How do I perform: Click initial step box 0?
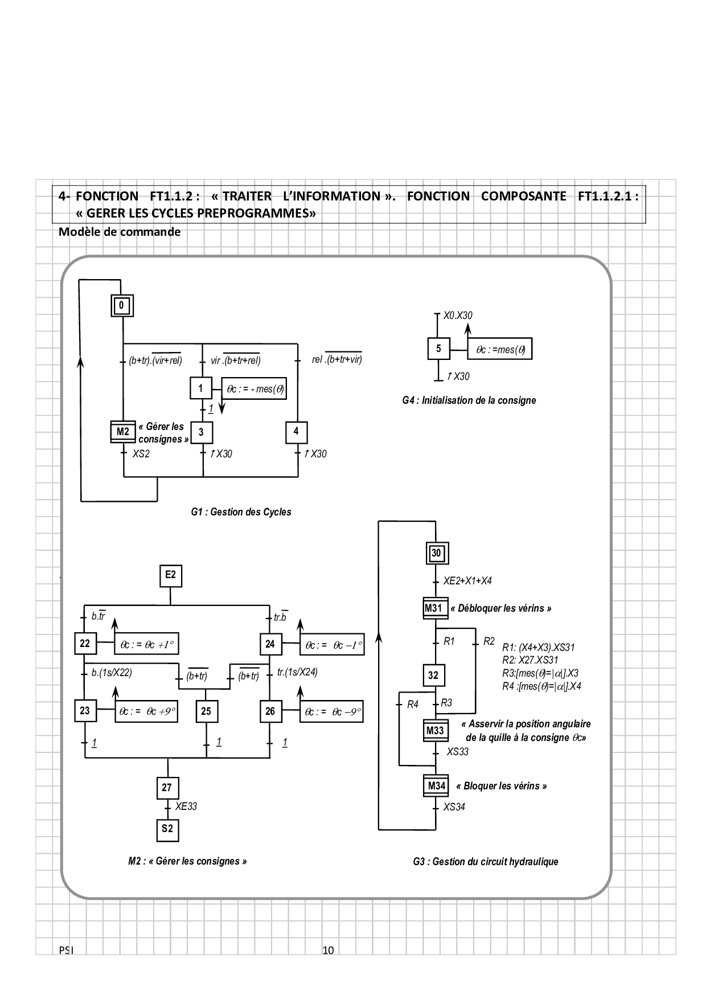(121, 306)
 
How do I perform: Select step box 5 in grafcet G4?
(438, 349)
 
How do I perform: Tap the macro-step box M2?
(123, 432)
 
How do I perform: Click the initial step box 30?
(436, 553)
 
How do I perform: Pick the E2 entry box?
(170, 575)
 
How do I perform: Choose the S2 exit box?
(167, 829)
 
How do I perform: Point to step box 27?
(167, 788)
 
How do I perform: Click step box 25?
(206, 711)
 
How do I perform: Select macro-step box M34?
(436, 787)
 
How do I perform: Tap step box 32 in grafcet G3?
(434, 675)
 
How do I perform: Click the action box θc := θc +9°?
(146, 712)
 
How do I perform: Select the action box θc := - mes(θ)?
(255, 390)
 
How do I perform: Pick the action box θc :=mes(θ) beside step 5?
(500, 350)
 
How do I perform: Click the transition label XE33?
(186, 806)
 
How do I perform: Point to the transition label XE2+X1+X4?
(467, 581)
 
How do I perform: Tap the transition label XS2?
(141, 454)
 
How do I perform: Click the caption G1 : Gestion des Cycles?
(241, 512)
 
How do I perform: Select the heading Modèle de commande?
(120, 232)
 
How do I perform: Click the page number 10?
(328, 950)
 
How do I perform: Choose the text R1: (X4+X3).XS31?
(538, 648)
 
